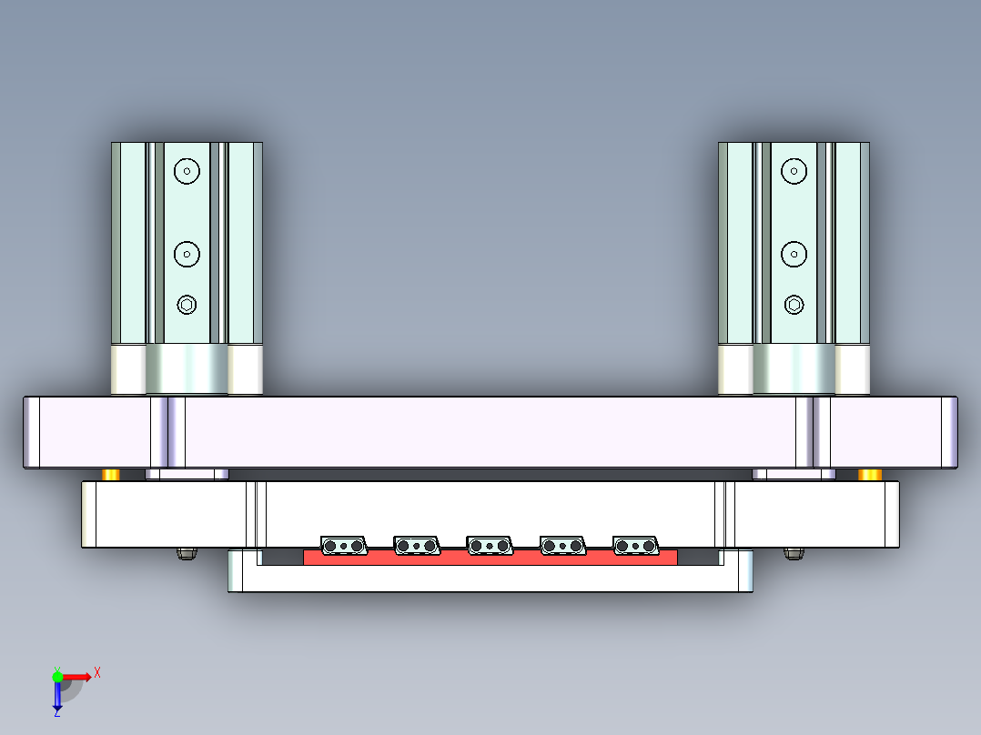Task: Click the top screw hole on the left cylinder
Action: click(187, 170)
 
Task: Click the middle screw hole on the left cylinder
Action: click(187, 254)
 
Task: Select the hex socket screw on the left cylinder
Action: click(187, 305)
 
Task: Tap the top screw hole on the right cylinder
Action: click(794, 170)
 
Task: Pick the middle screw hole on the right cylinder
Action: click(794, 254)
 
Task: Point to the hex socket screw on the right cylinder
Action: click(794, 305)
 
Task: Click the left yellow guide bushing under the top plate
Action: click(111, 475)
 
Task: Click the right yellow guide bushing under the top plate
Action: click(870, 475)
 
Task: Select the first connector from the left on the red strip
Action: click(344, 546)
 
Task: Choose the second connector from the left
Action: click(417, 546)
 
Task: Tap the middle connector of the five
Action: click(490, 546)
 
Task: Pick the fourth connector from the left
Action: click(563, 546)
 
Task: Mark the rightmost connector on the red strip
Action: click(636, 546)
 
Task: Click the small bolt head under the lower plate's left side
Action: click(187, 553)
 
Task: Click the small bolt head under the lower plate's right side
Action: click(794, 553)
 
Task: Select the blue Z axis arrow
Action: click(56, 697)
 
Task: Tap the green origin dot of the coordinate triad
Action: click(57, 676)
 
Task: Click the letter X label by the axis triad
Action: click(97, 672)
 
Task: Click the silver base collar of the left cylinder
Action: click(187, 369)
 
